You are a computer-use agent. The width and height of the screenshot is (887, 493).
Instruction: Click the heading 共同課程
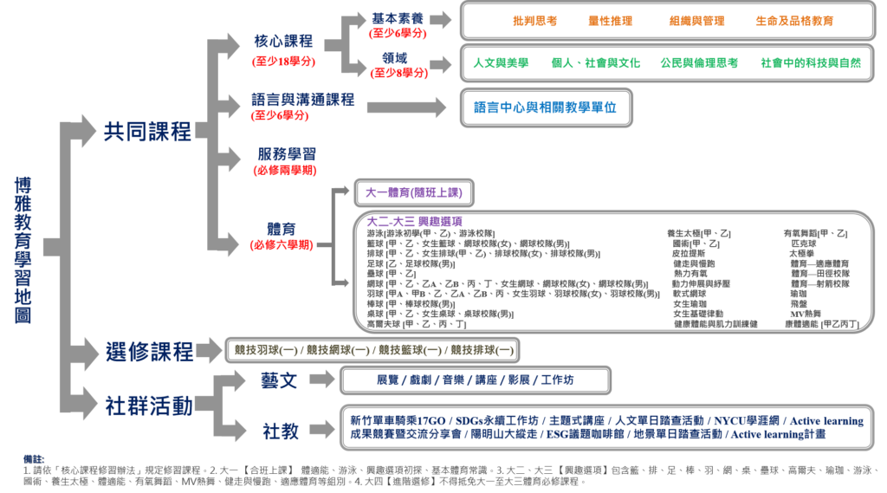(x=147, y=132)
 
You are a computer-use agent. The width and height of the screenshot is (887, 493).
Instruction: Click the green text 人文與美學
(x=501, y=63)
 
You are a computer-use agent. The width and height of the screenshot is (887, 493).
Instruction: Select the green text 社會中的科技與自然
(x=810, y=63)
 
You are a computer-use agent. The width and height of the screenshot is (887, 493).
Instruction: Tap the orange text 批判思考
(x=534, y=21)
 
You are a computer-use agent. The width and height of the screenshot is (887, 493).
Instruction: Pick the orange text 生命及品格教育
(x=793, y=21)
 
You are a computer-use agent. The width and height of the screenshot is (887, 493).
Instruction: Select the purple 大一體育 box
(x=415, y=192)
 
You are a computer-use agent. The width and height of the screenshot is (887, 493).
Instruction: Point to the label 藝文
(x=279, y=379)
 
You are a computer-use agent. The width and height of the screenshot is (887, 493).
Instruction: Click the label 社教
(x=280, y=429)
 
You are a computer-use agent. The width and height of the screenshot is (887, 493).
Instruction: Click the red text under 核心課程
(x=283, y=62)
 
